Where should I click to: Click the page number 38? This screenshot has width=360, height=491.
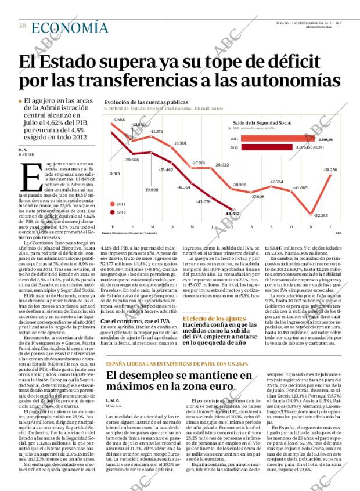(x=22, y=26)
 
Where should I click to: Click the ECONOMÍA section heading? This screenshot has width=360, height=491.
(x=69, y=28)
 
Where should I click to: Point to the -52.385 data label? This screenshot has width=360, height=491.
(x=321, y=215)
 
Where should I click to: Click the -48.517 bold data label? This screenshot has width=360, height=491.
(x=232, y=214)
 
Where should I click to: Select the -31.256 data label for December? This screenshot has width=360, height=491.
(x=330, y=169)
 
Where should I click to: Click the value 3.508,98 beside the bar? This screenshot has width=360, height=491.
(x=326, y=140)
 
